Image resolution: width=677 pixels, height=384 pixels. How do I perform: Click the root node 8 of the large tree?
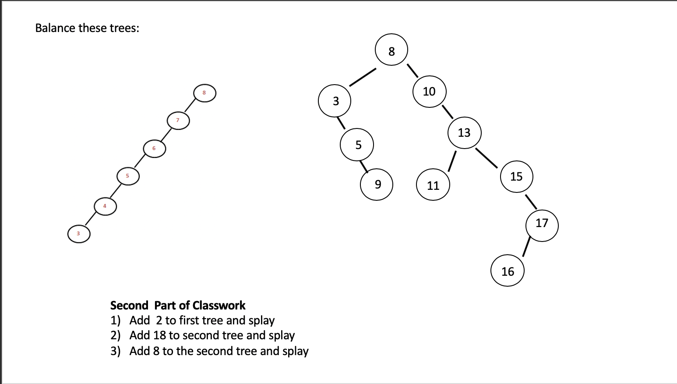391,50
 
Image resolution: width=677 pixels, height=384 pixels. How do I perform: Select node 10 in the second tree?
429,92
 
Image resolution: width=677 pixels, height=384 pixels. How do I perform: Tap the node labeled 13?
464,132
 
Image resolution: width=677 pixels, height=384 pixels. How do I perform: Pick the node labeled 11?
433,185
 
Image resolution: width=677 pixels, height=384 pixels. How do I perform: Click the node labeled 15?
516,176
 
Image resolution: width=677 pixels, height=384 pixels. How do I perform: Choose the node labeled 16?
508,271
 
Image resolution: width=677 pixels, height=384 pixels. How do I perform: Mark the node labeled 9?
377,185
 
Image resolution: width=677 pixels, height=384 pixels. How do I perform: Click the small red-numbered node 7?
178,121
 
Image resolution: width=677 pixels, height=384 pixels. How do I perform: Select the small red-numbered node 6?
154,149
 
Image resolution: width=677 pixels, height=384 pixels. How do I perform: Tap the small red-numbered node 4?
105,206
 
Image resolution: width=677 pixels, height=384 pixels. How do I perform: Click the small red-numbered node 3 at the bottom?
79,234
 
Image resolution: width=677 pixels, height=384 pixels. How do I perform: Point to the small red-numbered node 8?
205,93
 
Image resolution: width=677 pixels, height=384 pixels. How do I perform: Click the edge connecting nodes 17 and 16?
527,247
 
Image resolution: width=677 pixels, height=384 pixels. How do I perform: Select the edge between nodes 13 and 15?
487,158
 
